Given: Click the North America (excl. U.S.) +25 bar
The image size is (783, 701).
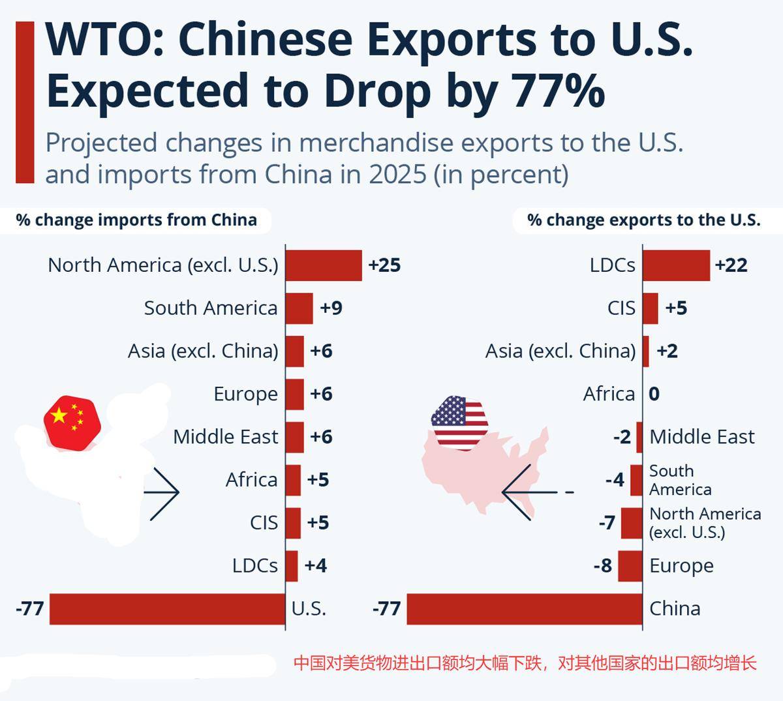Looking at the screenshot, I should [324, 265].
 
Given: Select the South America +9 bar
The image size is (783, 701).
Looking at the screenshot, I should [299, 308].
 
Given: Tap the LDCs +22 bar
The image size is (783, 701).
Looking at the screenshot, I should [677, 265].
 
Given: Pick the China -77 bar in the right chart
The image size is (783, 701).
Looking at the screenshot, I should [525, 609].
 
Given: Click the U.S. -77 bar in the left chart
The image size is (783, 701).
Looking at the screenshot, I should [168, 609].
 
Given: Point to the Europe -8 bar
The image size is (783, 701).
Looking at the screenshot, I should [630, 566].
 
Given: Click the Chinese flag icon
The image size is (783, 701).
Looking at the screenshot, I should [72, 421].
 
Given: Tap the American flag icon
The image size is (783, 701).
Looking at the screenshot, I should [459, 422].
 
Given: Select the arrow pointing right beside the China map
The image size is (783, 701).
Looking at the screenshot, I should [163, 493].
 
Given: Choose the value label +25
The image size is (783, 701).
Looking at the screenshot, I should [384, 265].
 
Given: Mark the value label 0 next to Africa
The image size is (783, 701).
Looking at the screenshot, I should [654, 394].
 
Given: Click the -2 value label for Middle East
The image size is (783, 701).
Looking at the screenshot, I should [622, 437].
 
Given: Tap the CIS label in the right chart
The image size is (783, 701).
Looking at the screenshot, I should [621, 308].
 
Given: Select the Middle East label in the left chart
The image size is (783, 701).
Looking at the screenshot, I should [226, 437].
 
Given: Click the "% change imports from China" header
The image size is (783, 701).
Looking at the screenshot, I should [136, 220].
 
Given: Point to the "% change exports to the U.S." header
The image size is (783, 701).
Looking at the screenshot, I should [644, 220].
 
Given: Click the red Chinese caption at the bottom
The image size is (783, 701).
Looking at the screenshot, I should [525, 664].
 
